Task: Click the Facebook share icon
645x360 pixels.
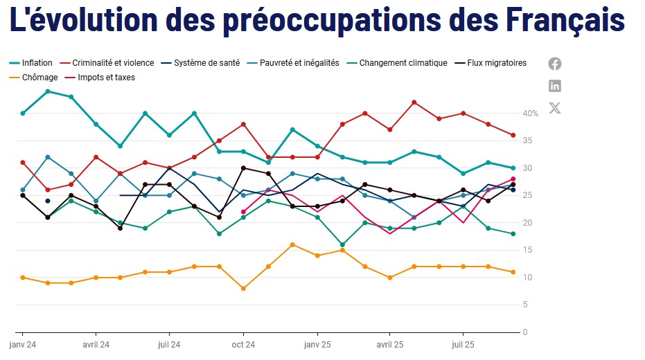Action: [555, 64]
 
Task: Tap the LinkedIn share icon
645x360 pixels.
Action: [555, 86]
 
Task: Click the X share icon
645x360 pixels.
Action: [555, 108]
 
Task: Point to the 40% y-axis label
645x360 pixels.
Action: [530, 114]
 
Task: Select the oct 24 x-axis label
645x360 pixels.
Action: [243, 344]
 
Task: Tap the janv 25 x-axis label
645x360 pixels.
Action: [317, 344]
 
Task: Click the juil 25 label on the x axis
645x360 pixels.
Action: [463, 344]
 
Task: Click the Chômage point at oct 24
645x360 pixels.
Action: [243, 288]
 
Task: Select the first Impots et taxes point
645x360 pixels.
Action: [243, 212]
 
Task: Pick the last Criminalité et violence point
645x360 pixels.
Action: [513, 135]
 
